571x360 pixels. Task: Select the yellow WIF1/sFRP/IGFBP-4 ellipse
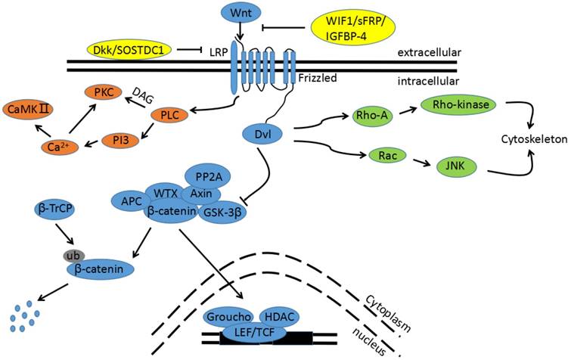pyautogui.click(x=358, y=29)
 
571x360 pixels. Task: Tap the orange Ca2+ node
pyautogui.click(x=54, y=146)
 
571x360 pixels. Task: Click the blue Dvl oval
pyautogui.click(x=264, y=135)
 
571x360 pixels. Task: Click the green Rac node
pyautogui.click(x=374, y=157)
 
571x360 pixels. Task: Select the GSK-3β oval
pyautogui.click(x=223, y=214)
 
